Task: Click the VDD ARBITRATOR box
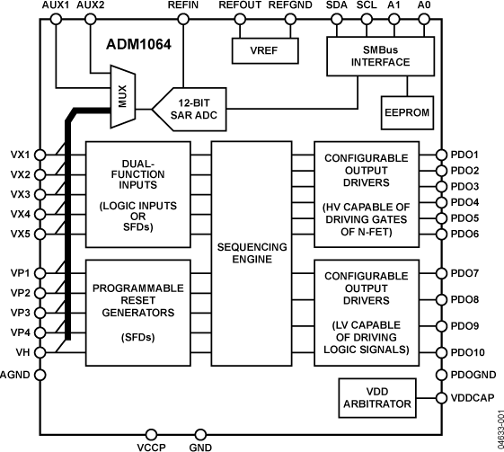pyautogui.click(x=376, y=396)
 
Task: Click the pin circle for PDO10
pyautogui.click(x=440, y=353)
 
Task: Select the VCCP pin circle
pyautogui.click(x=151, y=434)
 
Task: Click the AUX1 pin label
pyautogui.click(x=56, y=6)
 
